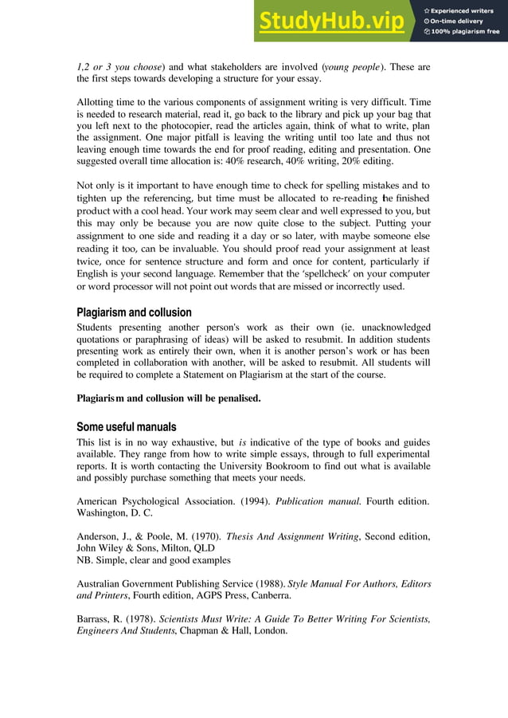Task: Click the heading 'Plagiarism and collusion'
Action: [x=134, y=312]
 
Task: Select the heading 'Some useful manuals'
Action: [x=126, y=426]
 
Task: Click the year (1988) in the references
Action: [x=262, y=584]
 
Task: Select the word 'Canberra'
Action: [x=266, y=595]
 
